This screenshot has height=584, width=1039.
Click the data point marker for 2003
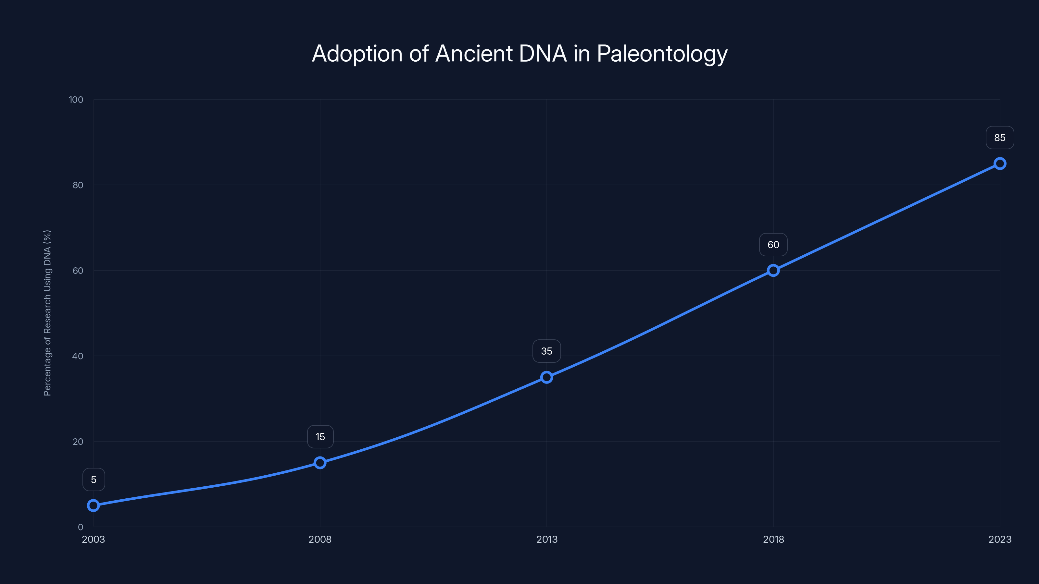pyautogui.click(x=93, y=505)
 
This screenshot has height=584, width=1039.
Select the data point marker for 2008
pyautogui.click(x=320, y=462)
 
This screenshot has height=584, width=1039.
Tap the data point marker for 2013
pyautogui.click(x=546, y=377)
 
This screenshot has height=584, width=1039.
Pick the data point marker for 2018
pyautogui.click(x=773, y=271)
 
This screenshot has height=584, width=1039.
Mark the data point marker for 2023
pyautogui.click(x=1000, y=164)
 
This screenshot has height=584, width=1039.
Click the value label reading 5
pyautogui.click(x=94, y=480)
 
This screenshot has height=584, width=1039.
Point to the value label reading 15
pyautogui.click(x=320, y=437)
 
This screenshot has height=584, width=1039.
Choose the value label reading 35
pyautogui.click(x=546, y=351)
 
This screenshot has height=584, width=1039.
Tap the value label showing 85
pyautogui.click(x=1000, y=138)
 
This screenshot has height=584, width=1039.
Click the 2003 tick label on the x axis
pyautogui.click(x=93, y=539)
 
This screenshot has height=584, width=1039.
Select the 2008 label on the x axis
pyautogui.click(x=320, y=539)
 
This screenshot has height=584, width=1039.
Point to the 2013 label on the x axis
pyautogui.click(x=546, y=539)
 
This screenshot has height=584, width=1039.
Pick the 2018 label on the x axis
pyautogui.click(x=773, y=539)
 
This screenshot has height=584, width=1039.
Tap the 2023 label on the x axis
pyautogui.click(x=1000, y=539)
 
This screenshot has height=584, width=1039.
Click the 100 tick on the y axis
pyautogui.click(x=76, y=100)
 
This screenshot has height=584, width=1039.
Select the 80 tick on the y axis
pyautogui.click(x=78, y=185)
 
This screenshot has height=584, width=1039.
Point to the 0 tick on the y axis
pyautogui.click(x=81, y=527)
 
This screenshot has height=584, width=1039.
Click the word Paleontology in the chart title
pyautogui.click(x=662, y=54)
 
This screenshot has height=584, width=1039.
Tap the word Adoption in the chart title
pyautogui.click(x=357, y=54)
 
